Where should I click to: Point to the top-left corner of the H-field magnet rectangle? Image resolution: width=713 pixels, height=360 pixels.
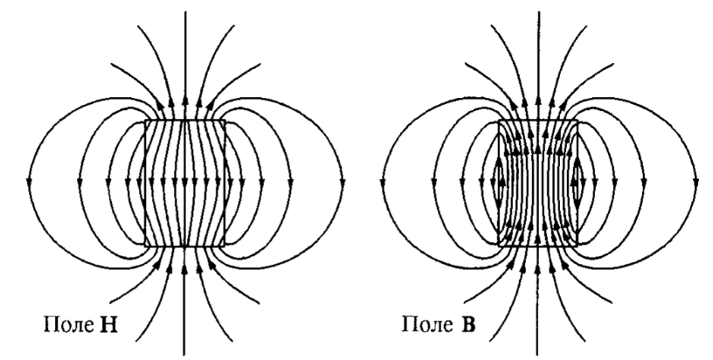point(145,121)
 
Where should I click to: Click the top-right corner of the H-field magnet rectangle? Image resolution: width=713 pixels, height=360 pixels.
point(225,121)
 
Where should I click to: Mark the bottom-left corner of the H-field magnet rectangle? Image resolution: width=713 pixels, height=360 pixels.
point(145,246)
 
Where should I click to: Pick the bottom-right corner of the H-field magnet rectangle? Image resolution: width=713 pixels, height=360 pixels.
point(225,246)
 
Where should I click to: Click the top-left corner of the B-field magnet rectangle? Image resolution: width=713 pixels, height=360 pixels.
point(498,121)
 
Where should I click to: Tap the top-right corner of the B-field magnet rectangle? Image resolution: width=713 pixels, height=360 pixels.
point(578,121)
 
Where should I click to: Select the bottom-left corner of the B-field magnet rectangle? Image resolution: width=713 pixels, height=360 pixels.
point(498,246)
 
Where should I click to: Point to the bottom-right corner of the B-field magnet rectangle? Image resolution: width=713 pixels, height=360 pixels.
point(578,246)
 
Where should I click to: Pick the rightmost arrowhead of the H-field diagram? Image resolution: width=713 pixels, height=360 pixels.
point(343,183)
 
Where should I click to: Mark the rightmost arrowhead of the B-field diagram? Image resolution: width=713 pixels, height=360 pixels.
point(696,183)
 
